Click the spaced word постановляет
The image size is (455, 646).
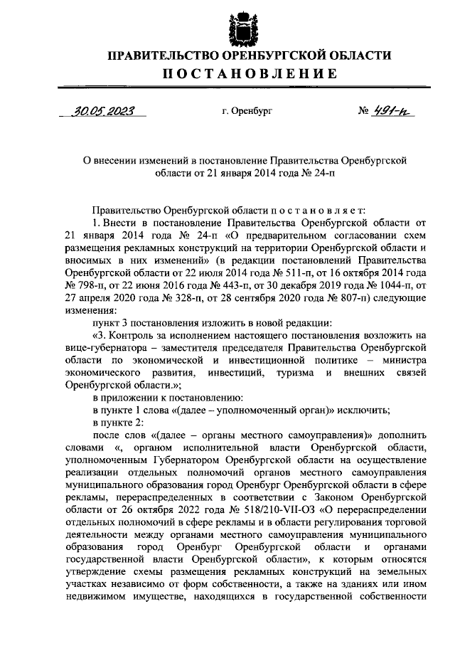317,210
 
